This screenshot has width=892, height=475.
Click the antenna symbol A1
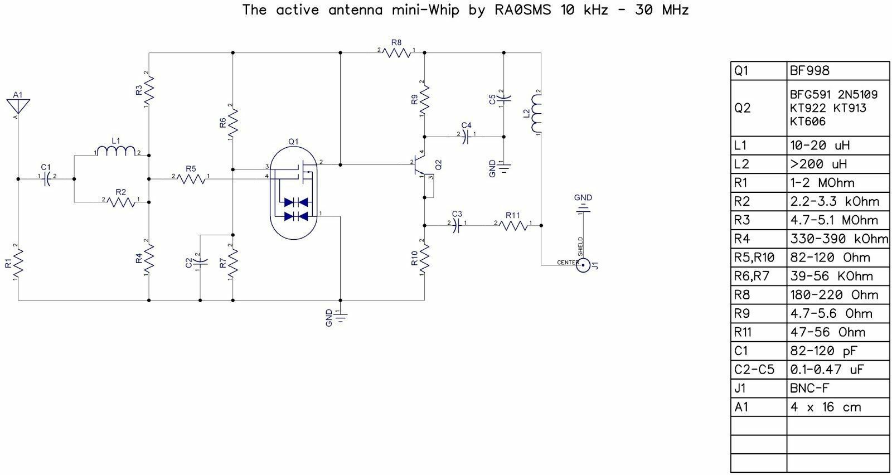click(x=18, y=106)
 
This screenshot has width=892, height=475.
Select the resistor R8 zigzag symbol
click(x=396, y=52)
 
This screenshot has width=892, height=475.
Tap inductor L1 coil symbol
click(x=117, y=151)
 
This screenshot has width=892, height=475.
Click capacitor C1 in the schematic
click(x=47, y=179)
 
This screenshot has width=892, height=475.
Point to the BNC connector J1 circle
click(x=583, y=265)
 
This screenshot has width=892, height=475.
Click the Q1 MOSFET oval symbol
click(x=293, y=193)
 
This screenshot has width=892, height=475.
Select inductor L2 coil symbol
click(x=536, y=113)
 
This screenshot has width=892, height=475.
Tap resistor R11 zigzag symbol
click(x=513, y=226)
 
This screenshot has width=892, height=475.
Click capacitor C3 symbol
click(x=457, y=226)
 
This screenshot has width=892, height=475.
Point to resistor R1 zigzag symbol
click(x=18, y=263)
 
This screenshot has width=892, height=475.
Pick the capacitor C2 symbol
click(x=200, y=262)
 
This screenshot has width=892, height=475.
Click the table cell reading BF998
click(x=809, y=71)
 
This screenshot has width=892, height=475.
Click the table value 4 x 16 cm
click(x=826, y=407)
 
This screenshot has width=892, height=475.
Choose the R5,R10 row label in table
click(x=754, y=258)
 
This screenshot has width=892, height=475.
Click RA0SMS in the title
click(x=523, y=9)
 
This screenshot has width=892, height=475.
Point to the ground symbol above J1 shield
click(x=583, y=209)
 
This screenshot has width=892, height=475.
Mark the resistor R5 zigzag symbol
click(x=191, y=179)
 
